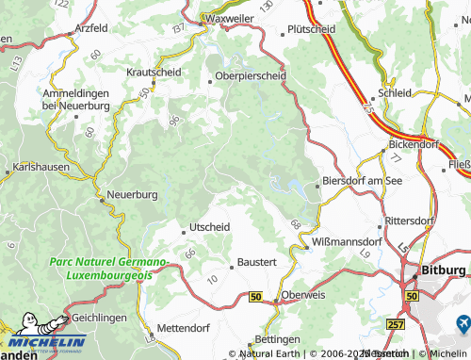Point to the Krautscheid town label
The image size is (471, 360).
[x=154, y=71]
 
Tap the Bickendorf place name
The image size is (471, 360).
[x=415, y=146]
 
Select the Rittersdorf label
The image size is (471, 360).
[x=409, y=221]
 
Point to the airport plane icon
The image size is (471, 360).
[x=462, y=322]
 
